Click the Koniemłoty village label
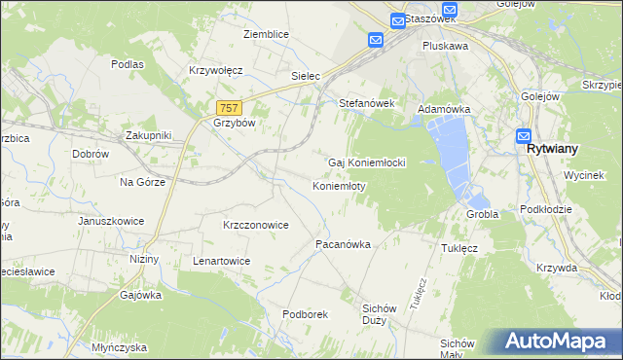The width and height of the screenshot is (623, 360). (339, 185)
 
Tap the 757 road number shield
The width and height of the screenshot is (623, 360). (229, 108)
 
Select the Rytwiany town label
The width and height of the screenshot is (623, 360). (553, 150)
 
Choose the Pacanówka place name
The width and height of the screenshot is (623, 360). (343, 245)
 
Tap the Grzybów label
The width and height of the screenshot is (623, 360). (233, 124)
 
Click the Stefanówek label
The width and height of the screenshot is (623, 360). (364, 102)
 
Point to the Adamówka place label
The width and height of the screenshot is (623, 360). (443, 110)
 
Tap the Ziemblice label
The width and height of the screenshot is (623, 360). (266, 34)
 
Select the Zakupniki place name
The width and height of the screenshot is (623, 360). (148, 135)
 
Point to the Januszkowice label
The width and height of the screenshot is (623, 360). (111, 221)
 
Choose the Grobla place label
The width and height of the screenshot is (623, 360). (482, 214)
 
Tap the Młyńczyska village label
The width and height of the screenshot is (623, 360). (118, 347)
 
